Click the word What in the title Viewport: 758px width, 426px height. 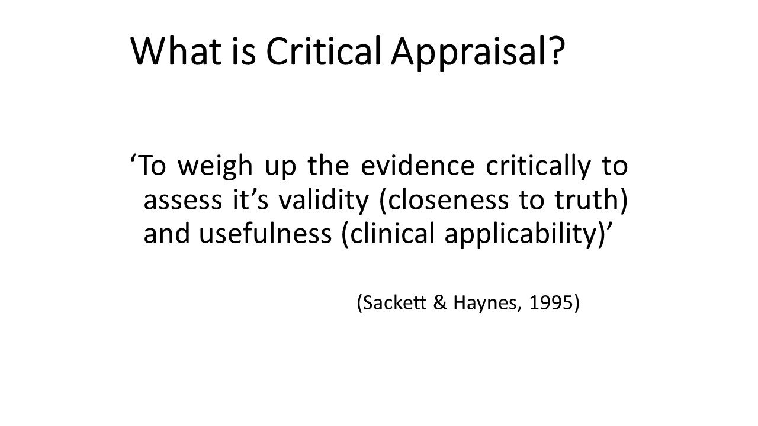tap(176, 51)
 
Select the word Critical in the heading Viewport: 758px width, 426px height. tap(324, 51)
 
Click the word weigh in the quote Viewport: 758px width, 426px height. tap(215, 167)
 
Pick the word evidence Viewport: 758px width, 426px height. tap(418, 165)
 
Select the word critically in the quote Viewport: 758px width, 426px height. tap(538, 167)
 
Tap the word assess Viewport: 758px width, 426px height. tap(183, 201)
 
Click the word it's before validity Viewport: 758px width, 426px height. tap(250, 199)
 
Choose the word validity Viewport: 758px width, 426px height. tap(323, 201)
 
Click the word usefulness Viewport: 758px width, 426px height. tap(265, 233)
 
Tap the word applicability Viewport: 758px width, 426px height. tap(525, 235)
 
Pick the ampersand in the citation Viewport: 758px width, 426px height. tap(440, 302)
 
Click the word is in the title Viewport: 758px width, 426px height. tap(243, 51)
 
